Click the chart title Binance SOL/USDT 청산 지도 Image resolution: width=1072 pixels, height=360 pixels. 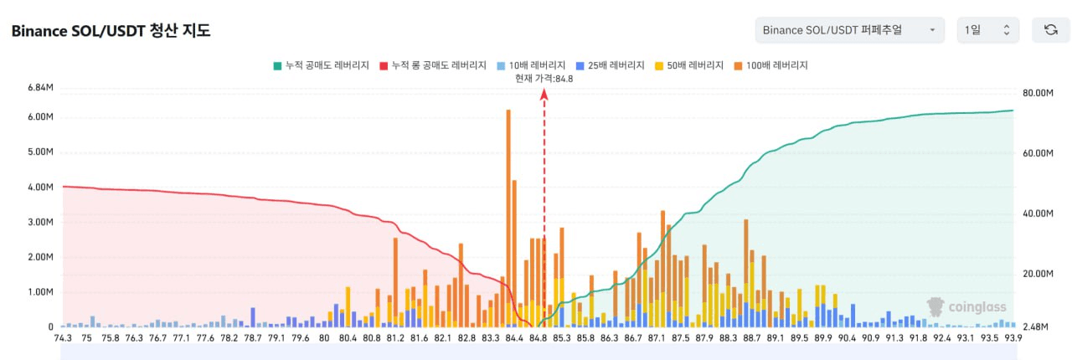point(111,31)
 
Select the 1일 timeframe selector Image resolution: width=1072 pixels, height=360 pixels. point(987,30)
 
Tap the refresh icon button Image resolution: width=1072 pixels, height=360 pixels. point(1050,30)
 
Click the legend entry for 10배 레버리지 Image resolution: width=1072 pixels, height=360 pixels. point(530,64)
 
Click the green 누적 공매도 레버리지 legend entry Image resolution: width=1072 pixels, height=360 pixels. point(321,64)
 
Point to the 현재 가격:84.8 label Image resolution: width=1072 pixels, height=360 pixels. point(544,79)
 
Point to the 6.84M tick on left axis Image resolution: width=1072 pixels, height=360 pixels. point(41,88)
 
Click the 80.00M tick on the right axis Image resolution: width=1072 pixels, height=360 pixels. point(1038,93)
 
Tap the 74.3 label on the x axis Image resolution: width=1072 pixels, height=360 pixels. point(63,338)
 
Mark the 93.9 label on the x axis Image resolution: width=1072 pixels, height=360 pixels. point(1013,338)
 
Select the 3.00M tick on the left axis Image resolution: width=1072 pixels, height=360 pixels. point(41,222)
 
